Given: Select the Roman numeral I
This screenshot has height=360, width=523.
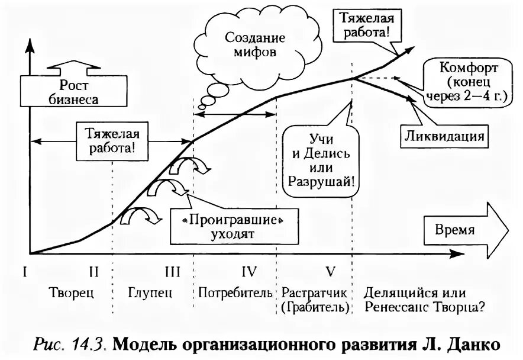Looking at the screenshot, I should point(25,272).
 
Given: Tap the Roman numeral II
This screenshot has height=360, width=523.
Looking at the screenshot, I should point(93,272).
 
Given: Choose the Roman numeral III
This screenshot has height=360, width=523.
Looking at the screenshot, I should point(172,272).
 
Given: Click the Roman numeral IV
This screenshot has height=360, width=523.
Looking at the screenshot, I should point(248,272).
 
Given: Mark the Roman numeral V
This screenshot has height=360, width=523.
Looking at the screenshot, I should point(330,272).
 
